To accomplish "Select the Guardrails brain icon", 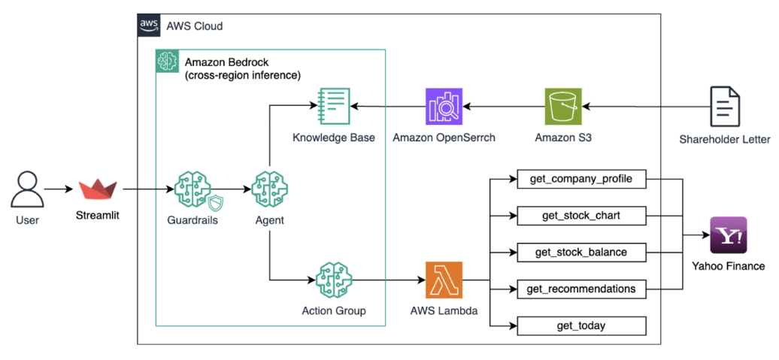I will [x=192, y=189].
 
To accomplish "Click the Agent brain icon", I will [x=269, y=189].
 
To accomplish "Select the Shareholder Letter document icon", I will [x=724, y=106].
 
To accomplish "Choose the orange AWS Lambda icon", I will [x=444, y=281].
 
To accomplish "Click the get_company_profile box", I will [x=581, y=180].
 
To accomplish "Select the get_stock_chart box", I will [x=581, y=216].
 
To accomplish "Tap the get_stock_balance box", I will [x=581, y=253].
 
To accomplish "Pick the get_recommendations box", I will [x=581, y=289].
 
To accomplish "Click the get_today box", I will [x=581, y=325].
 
